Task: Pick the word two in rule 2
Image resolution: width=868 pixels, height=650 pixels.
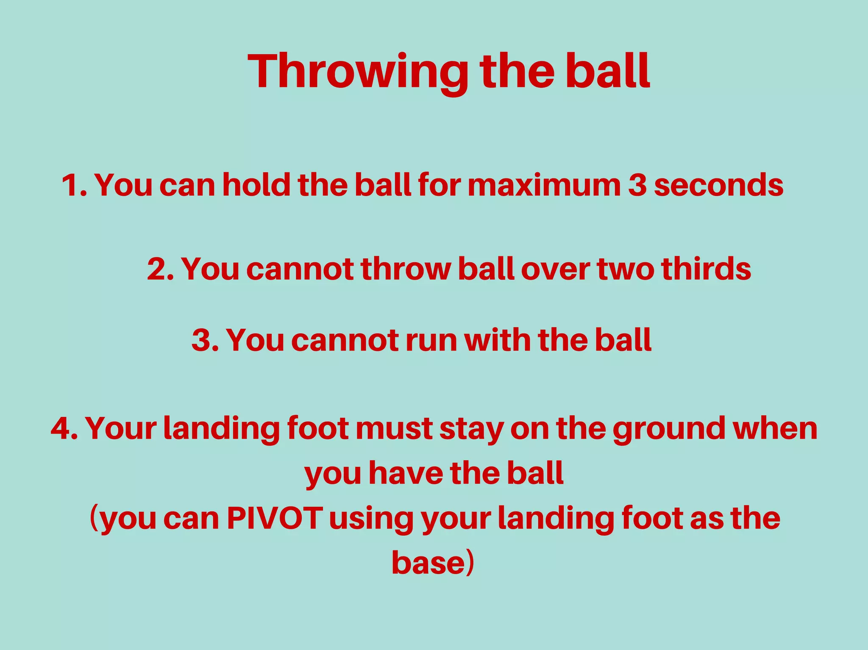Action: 626,269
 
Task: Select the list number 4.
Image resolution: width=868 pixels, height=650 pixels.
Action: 64,428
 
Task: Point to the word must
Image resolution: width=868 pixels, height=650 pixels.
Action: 394,428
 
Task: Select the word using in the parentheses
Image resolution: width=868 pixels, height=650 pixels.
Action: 371,519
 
